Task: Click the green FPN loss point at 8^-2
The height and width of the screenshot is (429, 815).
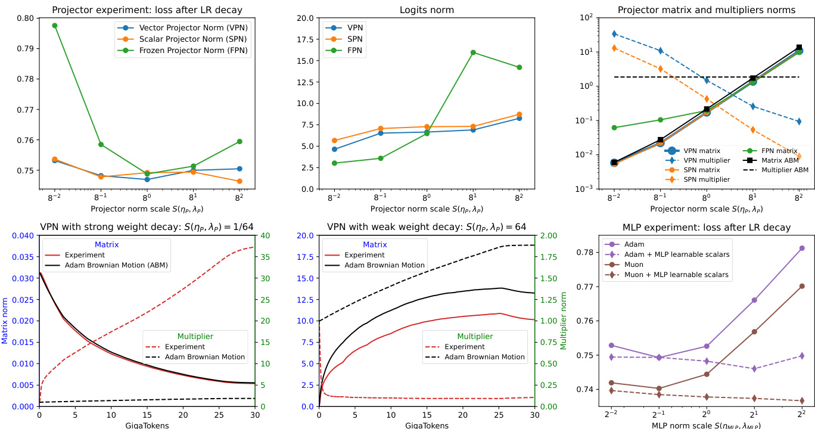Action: point(54,26)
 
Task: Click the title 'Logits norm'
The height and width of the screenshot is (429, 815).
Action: point(426,10)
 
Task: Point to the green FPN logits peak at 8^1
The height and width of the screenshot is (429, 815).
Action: point(473,52)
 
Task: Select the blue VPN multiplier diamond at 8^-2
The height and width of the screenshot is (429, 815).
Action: point(614,34)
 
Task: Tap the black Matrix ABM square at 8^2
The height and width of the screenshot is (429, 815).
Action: point(799,48)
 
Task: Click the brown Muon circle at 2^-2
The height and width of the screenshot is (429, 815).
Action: point(611,383)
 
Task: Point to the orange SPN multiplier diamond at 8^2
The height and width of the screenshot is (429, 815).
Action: point(799,157)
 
